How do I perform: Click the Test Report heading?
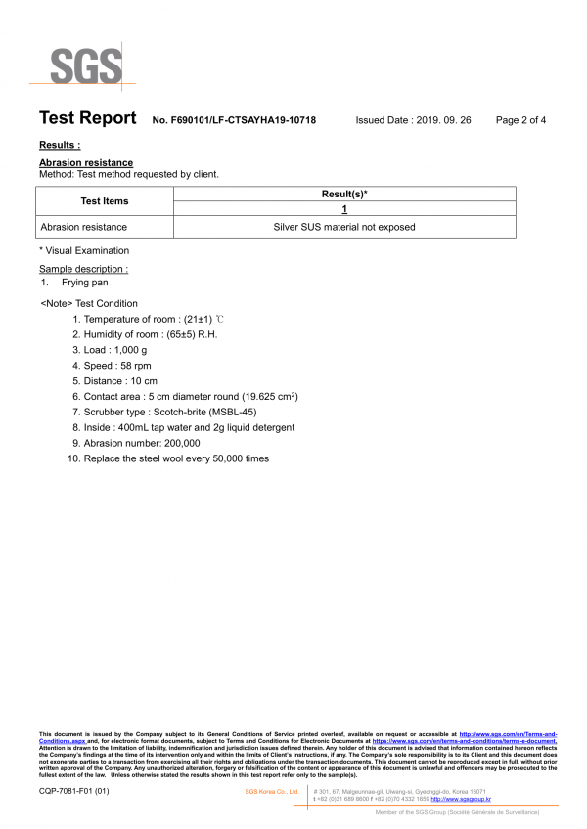click(87, 119)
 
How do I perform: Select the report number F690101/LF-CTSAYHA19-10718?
click(235, 120)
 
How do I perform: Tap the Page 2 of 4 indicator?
click(520, 120)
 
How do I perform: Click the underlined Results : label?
click(60, 145)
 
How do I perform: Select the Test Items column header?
click(104, 201)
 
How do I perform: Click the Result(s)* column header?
click(344, 195)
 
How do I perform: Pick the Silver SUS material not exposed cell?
click(344, 227)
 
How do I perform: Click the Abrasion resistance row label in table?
click(83, 227)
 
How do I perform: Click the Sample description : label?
click(83, 269)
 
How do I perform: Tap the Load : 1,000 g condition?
click(115, 350)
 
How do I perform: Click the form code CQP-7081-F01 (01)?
click(74, 791)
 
